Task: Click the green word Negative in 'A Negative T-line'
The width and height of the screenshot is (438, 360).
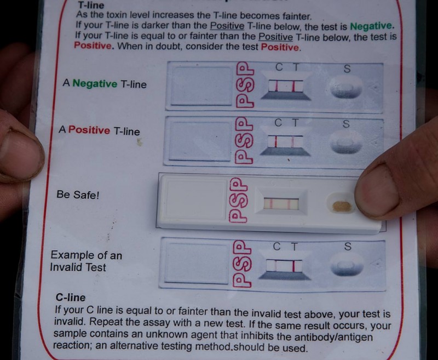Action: tap(95, 84)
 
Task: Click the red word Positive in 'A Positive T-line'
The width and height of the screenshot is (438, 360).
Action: tap(89, 130)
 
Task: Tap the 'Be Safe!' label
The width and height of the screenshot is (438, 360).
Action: tap(78, 195)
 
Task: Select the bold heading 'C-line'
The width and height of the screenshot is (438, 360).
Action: tap(71, 298)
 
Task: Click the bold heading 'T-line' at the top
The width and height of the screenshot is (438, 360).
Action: tap(91, 5)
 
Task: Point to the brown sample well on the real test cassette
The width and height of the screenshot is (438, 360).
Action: tap(341, 207)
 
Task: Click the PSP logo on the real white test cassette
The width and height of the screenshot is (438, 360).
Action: tap(238, 200)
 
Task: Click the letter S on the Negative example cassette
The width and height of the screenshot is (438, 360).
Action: tap(347, 68)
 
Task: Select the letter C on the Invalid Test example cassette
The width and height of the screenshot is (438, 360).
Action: tap(276, 247)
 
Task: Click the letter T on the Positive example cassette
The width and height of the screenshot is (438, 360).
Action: tap(295, 123)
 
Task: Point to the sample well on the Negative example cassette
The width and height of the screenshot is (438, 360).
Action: tap(346, 88)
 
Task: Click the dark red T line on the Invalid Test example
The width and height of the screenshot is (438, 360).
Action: tap(293, 266)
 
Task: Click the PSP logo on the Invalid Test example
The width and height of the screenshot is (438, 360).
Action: tap(242, 264)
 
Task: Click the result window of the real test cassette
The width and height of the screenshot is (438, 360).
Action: tap(281, 204)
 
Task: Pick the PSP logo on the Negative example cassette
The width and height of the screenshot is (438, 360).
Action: tap(245, 85)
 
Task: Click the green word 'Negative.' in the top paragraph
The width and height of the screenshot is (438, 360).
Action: tap(372, 26)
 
